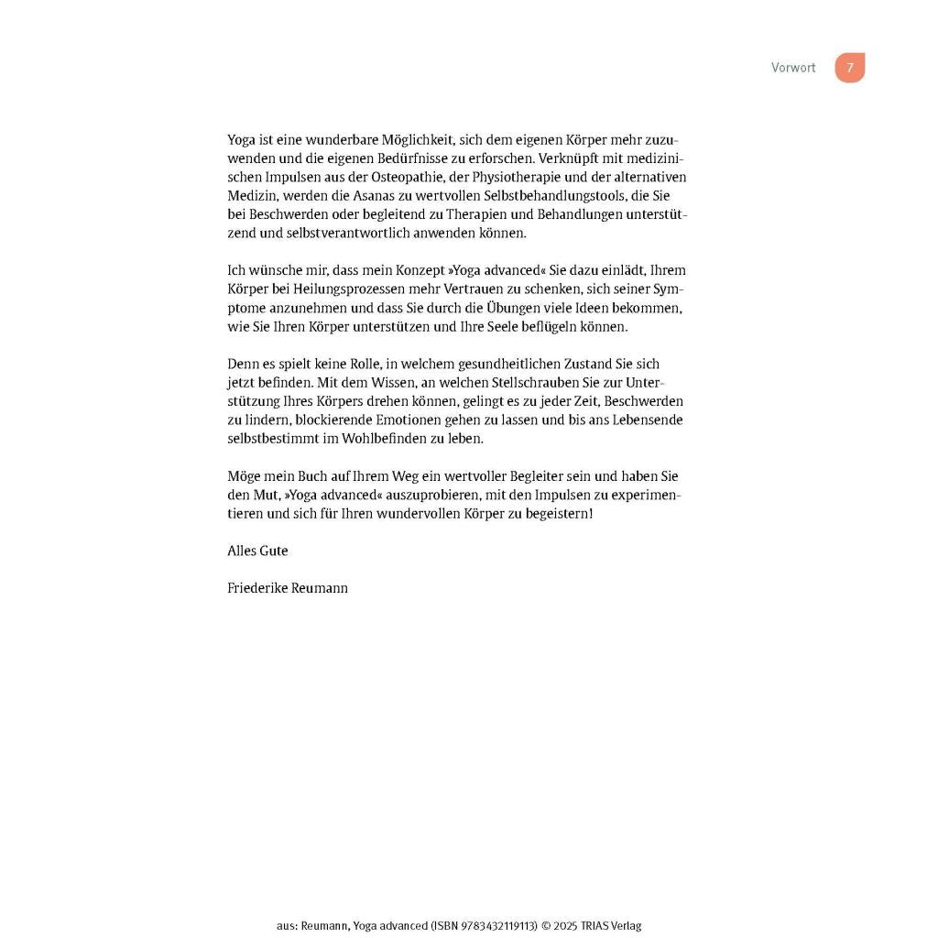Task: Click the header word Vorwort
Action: coord(793,68)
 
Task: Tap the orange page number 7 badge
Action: coord(850,68)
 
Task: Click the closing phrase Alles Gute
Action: coord(257,551)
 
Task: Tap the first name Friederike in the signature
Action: coord(257,588)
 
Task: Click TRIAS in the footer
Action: coord(582,925)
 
